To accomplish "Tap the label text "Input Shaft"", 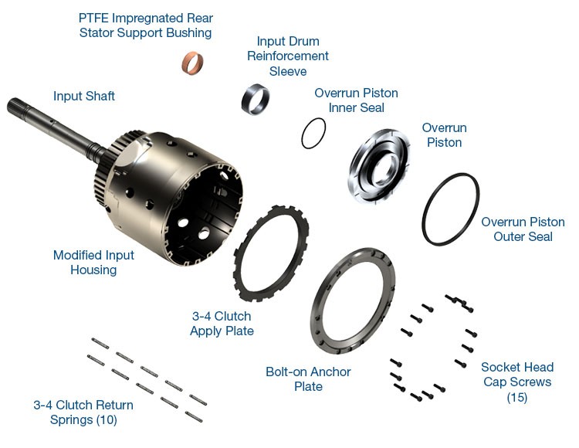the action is pyautogui.click(x=84, y=96).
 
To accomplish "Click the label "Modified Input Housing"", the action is pyautogui.click(x=93, y=262).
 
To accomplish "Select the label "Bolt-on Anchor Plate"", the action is pyautogui.click(x=308, y=379).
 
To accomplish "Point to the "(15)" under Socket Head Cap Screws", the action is pyautogui.click(x=517, y=397).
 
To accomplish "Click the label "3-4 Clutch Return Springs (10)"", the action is pyautogui.click(x=83, y=412).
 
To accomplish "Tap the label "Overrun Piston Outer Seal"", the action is pyautogui.click(x=523, y=229).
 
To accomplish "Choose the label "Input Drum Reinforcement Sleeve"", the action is pyautogui.click(x=288, y=56).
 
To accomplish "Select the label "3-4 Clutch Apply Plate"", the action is pyautogui.click(x=222, y=324).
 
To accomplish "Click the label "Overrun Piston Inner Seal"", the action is pyautogui.click(x=357, y=100).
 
